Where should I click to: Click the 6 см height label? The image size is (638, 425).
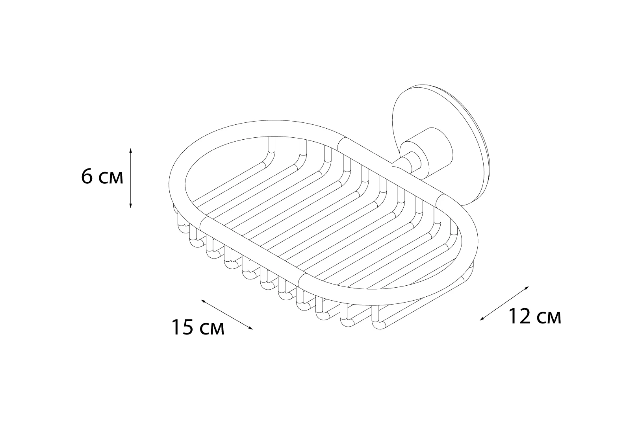pyautogui.click(x=102, y=177)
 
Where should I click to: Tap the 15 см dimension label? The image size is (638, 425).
pyautogui.click(x=198, y=328)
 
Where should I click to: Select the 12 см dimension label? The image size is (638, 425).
pyautogui.click(x=534, y=316)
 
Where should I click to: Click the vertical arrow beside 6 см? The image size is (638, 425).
pyautogui.click(x=130, y=178)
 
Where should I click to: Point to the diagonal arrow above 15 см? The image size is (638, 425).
pyautogui.click(x=227, y=314)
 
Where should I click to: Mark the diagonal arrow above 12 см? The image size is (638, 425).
pyautogui.click(x=504, y=303)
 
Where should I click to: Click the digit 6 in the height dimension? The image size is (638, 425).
pyautogui.click(x=87, y=177)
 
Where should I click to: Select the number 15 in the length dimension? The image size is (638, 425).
pyautogui.click(x=182, y=328)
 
